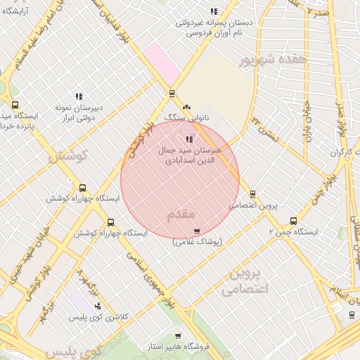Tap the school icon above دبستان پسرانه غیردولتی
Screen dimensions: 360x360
point(214,11)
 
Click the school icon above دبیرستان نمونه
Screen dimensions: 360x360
point(79,96)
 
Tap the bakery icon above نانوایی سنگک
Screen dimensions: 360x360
point(186,108)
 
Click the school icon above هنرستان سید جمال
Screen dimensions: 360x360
point(189,139)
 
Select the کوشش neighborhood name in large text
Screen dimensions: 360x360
point(67,155)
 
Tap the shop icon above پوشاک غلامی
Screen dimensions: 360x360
point(197,230)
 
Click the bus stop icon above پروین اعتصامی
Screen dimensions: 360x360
point(252,194)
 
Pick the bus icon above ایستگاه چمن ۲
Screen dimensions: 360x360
point(293,221)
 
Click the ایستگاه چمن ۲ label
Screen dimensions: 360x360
point(294,231)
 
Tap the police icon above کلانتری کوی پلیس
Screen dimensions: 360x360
point(97,306)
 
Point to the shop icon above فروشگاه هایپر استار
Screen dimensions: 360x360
point(178,335)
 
